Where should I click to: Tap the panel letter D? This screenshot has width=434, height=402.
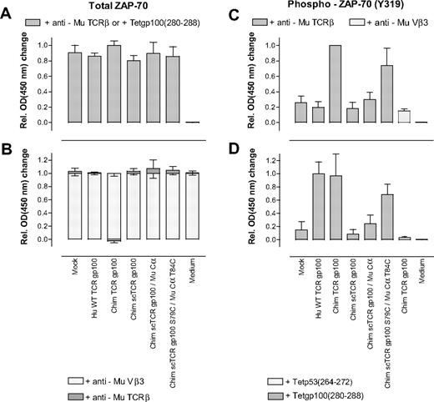[x=230, y=148]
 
